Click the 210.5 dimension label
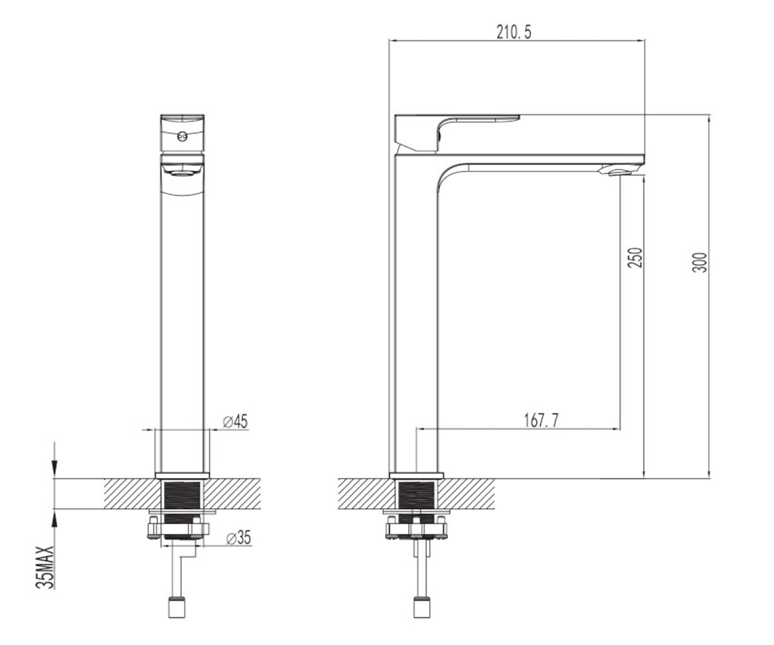tap(514, 32)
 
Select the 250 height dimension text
tap(634, 257)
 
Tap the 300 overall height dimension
tap(700, 263)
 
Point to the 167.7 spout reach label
tap(541, 421)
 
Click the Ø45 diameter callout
tap(235, 421)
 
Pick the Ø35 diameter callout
tap(239, 537)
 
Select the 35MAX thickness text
tap(45, 568)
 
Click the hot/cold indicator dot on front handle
tap(182, 137)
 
